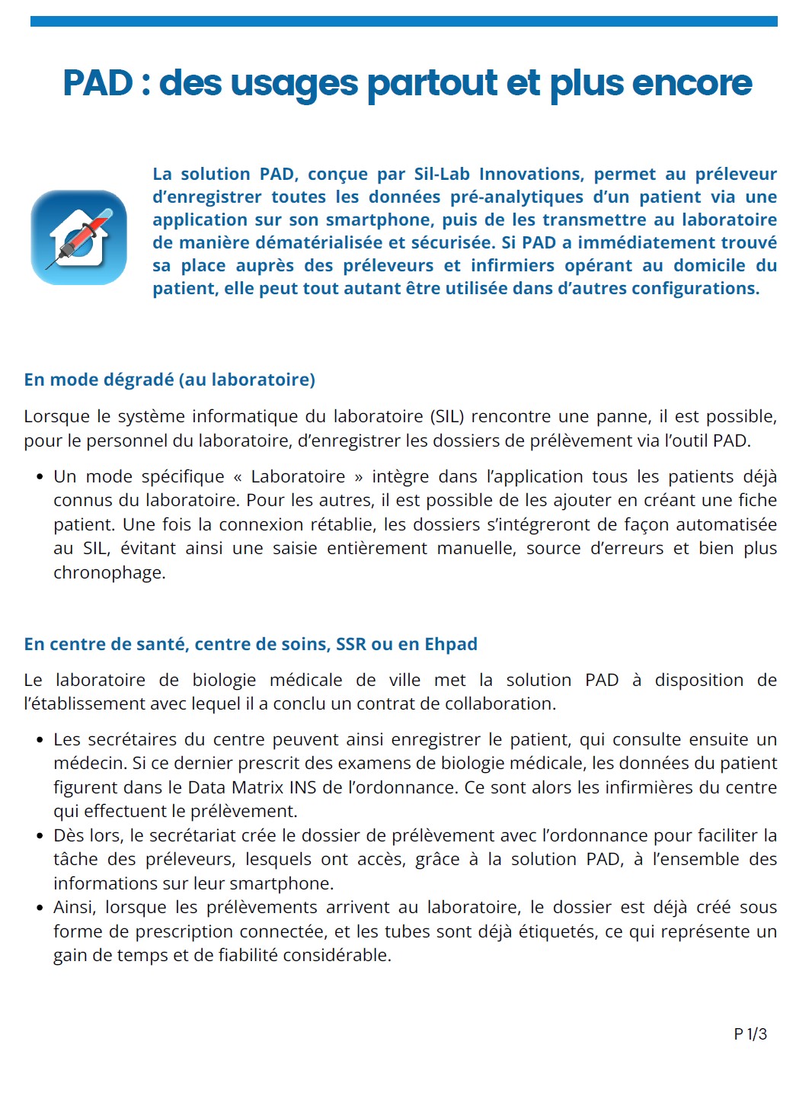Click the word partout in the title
[432, 83]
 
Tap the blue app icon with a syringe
[78, 237]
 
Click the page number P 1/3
[750, 1034]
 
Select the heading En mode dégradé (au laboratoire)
[169, 380]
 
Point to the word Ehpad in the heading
[451, 644]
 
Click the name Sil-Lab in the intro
[442, 174]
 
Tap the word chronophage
[109, 572]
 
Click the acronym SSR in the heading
[351, 644]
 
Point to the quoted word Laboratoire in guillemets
[298, 476]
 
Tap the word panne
[624, 416]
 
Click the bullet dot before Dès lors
[40, 835]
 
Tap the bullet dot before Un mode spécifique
[40, 477]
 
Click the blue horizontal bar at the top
[404, 21]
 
